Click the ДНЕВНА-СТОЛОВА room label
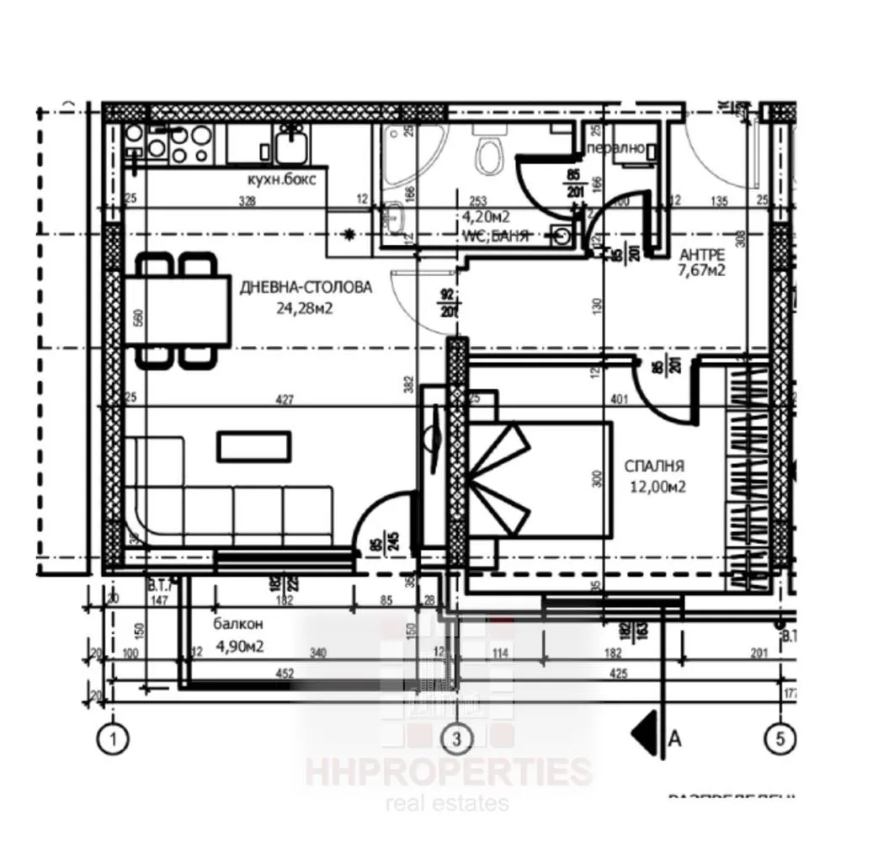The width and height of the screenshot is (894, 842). coord(306,287)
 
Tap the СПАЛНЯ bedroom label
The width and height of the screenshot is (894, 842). coord(654,465)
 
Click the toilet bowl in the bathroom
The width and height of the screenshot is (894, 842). coord(487,154)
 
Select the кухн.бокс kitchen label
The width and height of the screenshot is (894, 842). coord(281,179)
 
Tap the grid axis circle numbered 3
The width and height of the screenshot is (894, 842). coord(457,739)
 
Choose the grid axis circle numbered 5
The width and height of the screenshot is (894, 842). coord(780,739)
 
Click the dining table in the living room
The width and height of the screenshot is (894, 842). coord(178,310)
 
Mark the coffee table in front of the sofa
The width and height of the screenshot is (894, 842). coord(255,445)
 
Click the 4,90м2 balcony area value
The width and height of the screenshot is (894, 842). coord(242,647)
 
